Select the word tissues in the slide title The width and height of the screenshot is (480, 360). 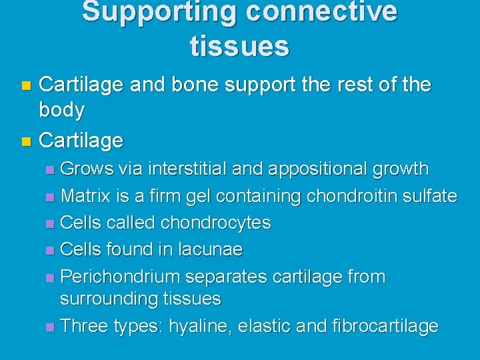pyautogui.click(x=239, y=46)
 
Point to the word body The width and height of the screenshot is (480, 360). pyautogui.click(x=62, y=110)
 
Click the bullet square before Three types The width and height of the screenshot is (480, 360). pyautogui.click(x=51, y=327)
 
